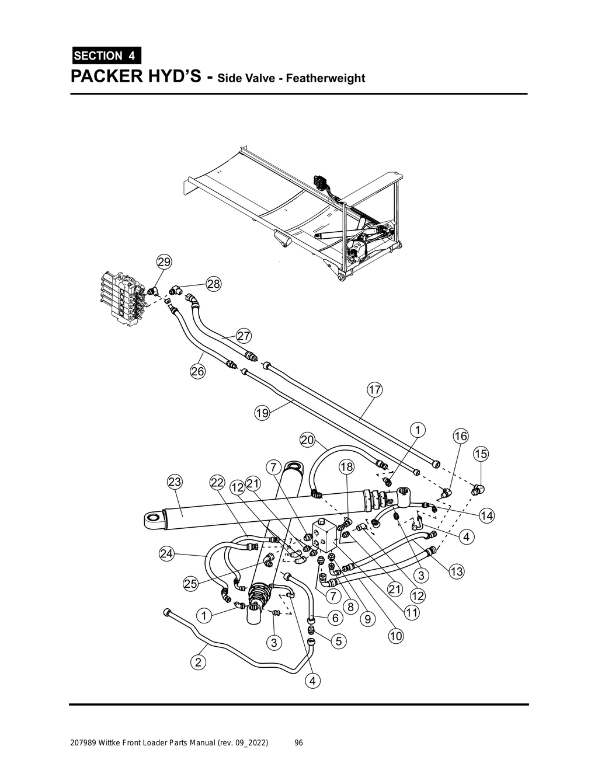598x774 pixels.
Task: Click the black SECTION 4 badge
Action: click(x=106, y=55)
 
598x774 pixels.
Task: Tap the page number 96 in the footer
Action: click(x=298, y=743)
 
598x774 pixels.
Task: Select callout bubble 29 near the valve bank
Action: click(x=165, y=262)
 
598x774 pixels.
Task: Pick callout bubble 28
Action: click(x=214, y=284)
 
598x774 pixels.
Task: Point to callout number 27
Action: click(x=244, y=336)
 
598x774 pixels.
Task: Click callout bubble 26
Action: click(x=197, y=371)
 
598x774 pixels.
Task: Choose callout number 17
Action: click(x=374, y=389)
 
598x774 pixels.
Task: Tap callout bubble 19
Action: click(x=262, y=413)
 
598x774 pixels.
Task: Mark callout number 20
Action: click(x=308, y=440)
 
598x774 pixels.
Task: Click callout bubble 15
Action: click(x=481, y=454)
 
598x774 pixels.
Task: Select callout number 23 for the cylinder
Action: click(x=175, y=482)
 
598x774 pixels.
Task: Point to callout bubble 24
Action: click(x=167, y=554)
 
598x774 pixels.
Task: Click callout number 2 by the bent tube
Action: click(x=199, y=662)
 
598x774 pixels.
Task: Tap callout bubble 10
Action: click(x=395, y=636)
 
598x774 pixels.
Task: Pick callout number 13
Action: click(x=456, y=572)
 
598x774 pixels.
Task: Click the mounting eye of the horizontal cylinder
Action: click(x=154, y=518)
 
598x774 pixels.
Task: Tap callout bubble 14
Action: click(x=486, y=515)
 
